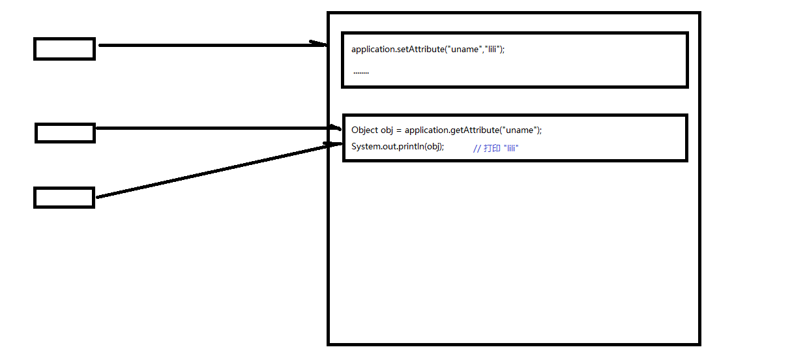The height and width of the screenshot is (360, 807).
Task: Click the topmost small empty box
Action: point(65,49)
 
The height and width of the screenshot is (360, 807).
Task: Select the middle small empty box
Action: point(65,133)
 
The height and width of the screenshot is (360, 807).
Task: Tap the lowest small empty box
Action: point(64,198)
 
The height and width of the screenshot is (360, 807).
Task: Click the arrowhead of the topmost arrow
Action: point(319,44)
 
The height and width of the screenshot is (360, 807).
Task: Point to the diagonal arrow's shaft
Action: point(215,171)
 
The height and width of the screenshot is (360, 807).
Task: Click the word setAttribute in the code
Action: point(420,50)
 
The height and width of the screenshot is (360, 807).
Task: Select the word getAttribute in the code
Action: point(474,130)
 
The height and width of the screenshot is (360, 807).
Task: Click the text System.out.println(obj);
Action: point(398,146)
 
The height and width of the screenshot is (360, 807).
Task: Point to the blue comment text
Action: point(495,149)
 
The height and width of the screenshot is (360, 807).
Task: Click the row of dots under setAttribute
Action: point(361,72)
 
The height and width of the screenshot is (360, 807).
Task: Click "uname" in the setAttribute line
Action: point(464,50)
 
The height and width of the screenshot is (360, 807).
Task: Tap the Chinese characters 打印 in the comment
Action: point(492,149)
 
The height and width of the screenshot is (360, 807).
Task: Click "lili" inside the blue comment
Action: point(511,149)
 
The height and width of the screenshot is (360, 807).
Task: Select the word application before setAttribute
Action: point(374,50)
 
